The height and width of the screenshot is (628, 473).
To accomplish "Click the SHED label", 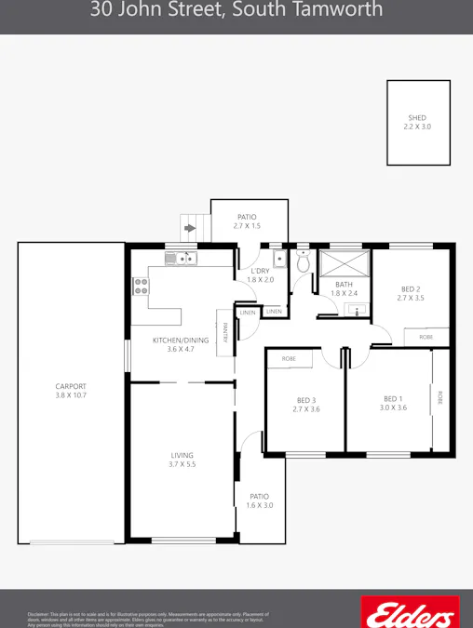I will click(417, 118).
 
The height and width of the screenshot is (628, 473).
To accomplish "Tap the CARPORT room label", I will click(71, 386).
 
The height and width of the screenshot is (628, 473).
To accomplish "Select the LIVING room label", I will click(182, 455).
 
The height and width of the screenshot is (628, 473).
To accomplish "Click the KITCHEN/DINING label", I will click(181, 341).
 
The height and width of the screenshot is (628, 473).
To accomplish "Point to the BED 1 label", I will click(393, 398).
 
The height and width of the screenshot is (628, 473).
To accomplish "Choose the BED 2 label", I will click(411, 288).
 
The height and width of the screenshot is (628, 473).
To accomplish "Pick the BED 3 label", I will click(306, 399).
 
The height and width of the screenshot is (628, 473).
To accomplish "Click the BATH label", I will click(345, 285).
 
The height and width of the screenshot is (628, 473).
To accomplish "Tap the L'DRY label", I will click(261, 271).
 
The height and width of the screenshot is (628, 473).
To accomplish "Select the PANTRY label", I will click(226, 333).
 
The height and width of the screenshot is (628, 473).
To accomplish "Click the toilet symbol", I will click(304, 261).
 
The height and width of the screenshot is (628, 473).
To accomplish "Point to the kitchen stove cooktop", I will click(141, 286).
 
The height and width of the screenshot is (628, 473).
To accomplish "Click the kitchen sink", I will click(182, 258).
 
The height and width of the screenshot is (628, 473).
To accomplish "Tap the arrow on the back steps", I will click(191, 226).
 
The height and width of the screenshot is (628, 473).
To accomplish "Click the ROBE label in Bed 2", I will click(426, 337).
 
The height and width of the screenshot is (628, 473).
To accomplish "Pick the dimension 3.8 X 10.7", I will click(71, 396).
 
